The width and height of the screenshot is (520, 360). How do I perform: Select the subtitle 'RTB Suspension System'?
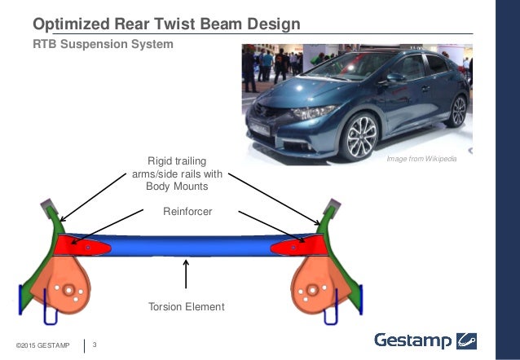[103, 44]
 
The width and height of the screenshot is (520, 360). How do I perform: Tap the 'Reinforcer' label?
[188, 211]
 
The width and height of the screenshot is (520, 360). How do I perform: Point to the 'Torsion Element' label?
[186, 307]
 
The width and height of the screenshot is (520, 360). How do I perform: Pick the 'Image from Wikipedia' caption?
[421, 158]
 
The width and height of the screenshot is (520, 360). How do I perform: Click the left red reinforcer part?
[81, 244]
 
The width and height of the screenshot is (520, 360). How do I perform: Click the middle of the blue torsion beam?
[187, 247]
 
